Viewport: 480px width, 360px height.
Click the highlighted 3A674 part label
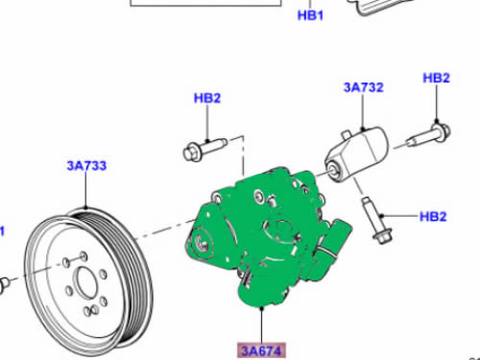tap(261, 350)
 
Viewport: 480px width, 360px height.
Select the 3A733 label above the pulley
tap(86, 166)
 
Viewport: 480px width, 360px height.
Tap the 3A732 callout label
tap(364, 87)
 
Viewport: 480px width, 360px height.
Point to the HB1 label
tap(310, 15)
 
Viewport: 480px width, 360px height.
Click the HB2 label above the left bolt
tap(207, 98)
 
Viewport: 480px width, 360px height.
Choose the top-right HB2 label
tap(437, 78)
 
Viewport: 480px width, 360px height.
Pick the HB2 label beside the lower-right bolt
tap(433, 217)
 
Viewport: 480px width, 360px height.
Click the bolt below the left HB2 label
tap(204, 149)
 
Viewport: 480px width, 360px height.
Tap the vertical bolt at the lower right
tap(375, 221)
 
